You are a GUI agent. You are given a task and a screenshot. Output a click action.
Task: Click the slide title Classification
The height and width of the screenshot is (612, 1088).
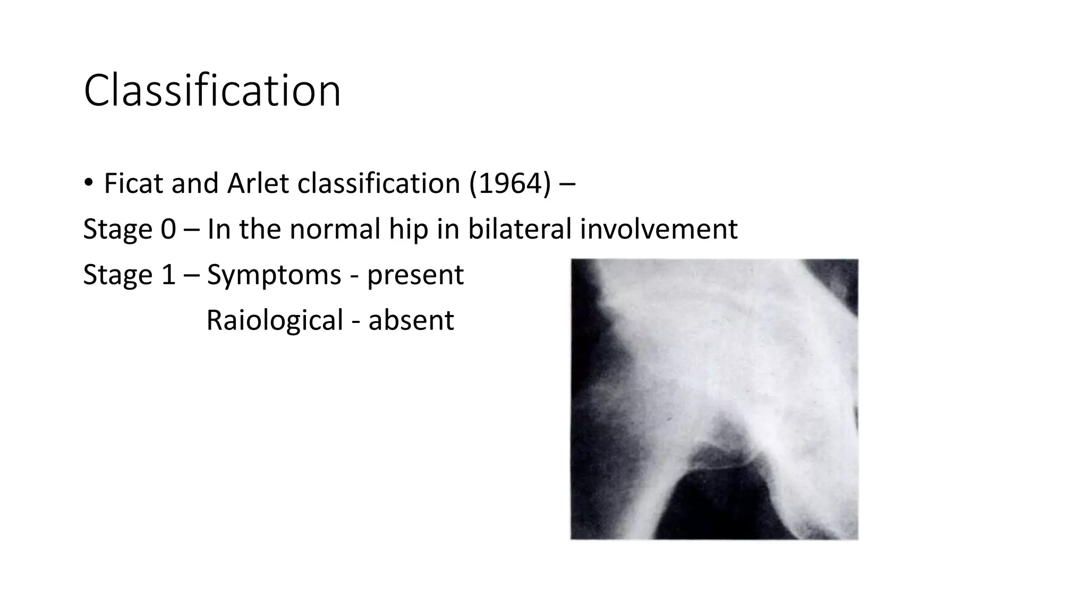pos(212,91)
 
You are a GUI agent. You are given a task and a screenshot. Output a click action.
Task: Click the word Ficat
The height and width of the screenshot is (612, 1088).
pos(134,184)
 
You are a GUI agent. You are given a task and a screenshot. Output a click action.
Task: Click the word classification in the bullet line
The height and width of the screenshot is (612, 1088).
pos(379,184)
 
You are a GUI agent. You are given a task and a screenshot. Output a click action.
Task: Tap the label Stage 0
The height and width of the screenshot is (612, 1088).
pos(129,229)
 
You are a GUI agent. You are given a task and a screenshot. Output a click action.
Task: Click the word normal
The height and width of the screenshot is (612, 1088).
pos(335,229)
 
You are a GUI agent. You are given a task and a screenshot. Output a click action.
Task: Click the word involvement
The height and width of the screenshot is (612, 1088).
pos(658,229)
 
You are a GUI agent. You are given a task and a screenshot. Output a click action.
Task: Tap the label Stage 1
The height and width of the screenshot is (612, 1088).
pos(129,275)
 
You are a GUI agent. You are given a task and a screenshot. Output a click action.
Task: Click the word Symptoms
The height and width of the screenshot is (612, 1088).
pos(274,275)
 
